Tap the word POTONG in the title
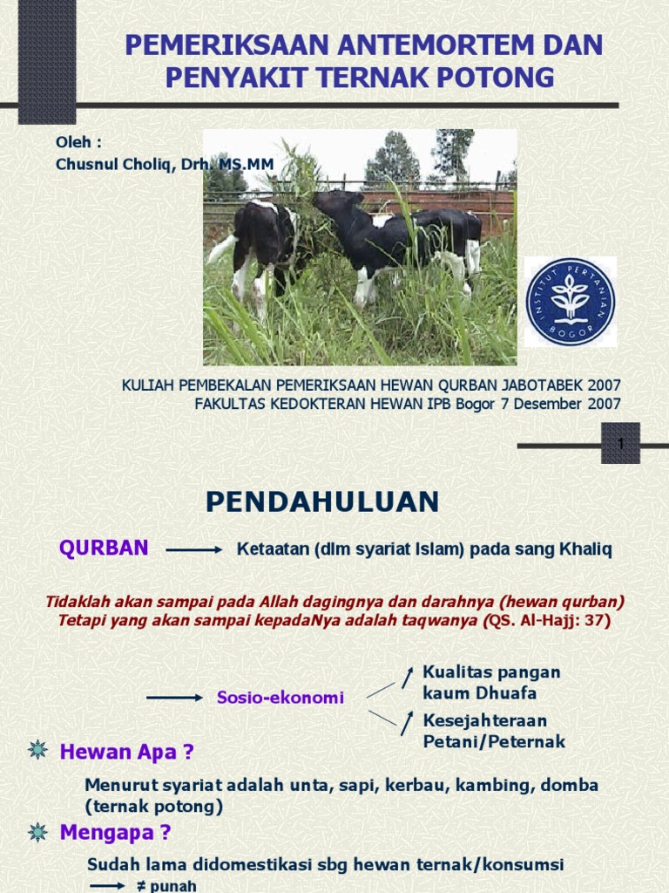[502, 78]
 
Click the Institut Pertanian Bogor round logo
[571, 302]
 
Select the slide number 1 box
[620, 444]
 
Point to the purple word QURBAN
[104, 549]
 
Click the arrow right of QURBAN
[193, 550]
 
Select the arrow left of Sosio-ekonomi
[174, 698]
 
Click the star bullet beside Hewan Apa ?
[37, 750]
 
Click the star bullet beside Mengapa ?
[37, 832]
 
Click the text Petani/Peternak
[494, 742]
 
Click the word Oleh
[74, 142]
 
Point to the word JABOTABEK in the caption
[538, 385]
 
